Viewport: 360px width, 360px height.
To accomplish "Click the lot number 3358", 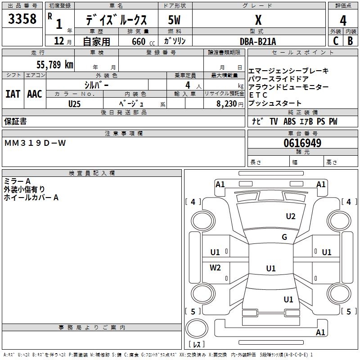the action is point(22,18).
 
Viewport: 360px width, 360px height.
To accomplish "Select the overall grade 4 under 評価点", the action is point(343,20).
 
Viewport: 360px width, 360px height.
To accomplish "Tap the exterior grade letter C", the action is point(336,41).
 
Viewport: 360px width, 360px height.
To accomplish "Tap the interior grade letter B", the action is point(350,41).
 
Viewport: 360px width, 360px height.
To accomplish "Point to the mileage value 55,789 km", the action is point(55,64).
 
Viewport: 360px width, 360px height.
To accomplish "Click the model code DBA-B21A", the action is point(258,41).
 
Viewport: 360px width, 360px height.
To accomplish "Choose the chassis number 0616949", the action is point(302,143).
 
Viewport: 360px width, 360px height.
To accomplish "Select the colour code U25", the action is point(74,104).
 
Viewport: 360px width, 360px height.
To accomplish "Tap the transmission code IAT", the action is point(13,94).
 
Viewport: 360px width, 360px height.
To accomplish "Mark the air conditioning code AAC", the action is point(35,94).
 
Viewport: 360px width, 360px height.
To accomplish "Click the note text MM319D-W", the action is point(35,143).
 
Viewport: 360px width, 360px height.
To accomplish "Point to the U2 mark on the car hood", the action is point(291,216).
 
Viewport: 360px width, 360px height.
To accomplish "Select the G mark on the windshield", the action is point(284,237).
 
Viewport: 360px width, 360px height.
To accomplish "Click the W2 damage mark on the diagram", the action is point(215,267).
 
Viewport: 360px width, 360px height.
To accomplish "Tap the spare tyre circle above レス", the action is point(197,328).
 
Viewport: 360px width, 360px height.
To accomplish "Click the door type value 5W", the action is point(174,20).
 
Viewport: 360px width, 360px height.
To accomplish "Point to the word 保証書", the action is point(15,121).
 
